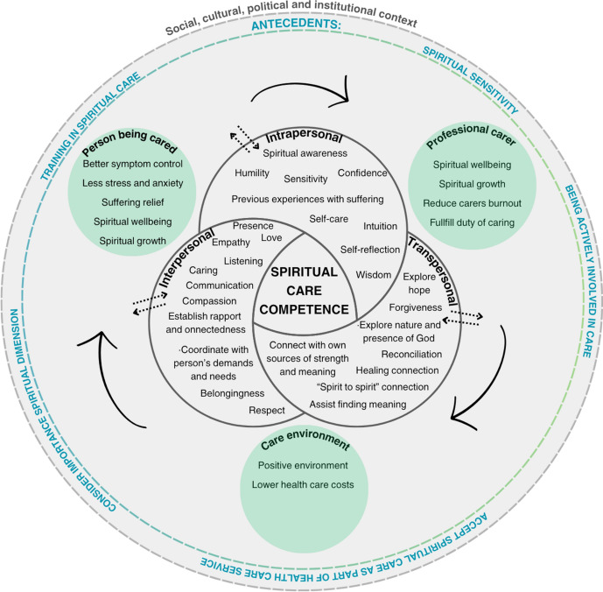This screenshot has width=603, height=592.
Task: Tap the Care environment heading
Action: click(302, 445)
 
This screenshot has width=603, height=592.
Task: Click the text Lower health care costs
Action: click(302, 484)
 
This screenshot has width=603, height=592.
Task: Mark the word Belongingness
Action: click(226, 396)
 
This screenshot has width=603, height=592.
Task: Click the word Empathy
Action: click(232, 243)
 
